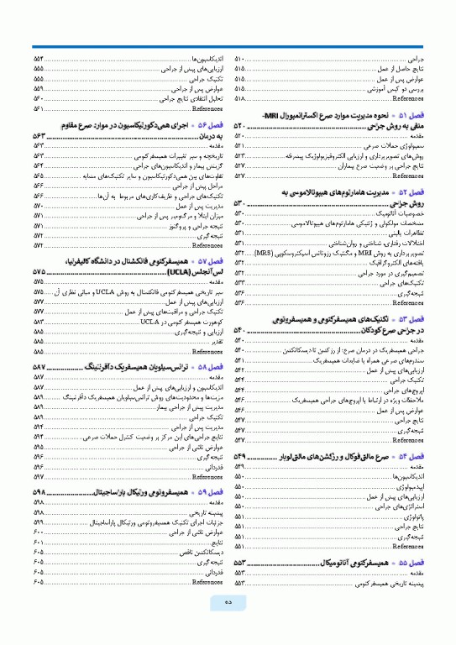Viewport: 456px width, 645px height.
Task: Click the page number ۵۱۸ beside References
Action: point(240,97)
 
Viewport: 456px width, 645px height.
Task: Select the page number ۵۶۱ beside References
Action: point(39,107)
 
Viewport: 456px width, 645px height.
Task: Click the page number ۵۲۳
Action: point(240,155)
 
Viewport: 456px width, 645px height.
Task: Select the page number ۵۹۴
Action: point(39,438)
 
